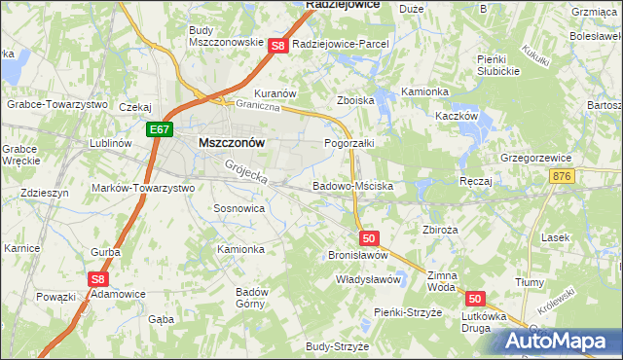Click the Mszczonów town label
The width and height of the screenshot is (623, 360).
coord(232,142)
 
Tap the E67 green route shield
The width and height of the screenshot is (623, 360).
coord(162,128)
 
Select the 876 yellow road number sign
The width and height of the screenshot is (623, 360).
coord(588,176)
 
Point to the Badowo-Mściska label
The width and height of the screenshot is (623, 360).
coord(352,185)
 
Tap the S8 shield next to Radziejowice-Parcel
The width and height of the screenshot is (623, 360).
coord(277,46)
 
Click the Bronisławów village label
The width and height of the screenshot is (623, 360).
coord(358,255)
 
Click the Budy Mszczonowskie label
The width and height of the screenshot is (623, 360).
coord(226,36)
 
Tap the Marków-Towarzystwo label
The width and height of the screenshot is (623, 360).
coord(143,188)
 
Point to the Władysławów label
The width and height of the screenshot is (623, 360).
coord(369,279)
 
